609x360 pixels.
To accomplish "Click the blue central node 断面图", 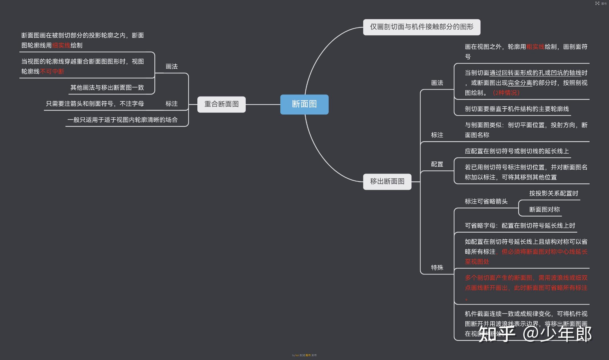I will click(x=304, y=104).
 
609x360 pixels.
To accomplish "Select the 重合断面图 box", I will click(x=221, y=104).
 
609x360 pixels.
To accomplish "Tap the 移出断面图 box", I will click(x=387, y=182).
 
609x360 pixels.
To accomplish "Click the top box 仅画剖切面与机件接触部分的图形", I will click(x=421, y=27).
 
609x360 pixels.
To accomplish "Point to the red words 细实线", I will click(x=61, y=46).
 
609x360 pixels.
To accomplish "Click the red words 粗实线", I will click(x=535, y=47).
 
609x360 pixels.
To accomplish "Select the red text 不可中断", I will click(x=52, y=72).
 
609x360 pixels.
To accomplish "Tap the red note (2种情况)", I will click(x=506, y=93).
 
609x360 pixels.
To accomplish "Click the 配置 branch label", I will click(x=437, y=164).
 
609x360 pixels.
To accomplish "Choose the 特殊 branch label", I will click(x=437, y=268).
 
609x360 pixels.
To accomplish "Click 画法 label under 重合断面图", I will click(x=172, y=67).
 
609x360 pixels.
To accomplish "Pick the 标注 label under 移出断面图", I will click(x=437, y=135).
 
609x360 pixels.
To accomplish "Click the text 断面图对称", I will click(x=544, y=210).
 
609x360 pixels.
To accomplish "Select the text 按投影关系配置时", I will click(x=553, y=193).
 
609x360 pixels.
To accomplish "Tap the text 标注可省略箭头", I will click(x=486, y=202).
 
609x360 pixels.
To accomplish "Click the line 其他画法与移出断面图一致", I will click(x=107, y=88).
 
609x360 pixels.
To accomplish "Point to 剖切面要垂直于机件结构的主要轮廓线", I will click(x=516, y=109).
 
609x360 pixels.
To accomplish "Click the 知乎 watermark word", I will click(x=497, y=334).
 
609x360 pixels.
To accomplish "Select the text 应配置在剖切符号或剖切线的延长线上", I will click(x=516, y=151).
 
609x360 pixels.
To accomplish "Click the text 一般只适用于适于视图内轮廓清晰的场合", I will click(x=122, y=120).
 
